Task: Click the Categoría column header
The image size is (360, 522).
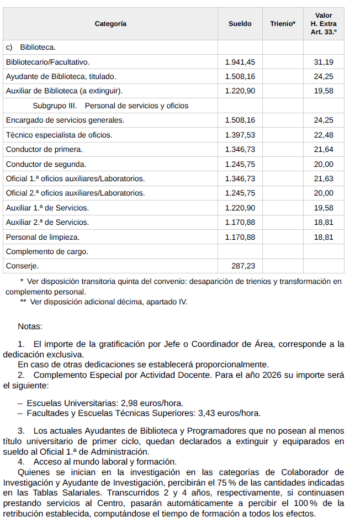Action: [x=110, y=24]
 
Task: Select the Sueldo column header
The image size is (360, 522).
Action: [x=240, y=24]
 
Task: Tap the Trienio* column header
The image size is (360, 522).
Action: [x=283, y=24]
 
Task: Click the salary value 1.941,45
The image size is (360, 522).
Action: [x=240, y=62]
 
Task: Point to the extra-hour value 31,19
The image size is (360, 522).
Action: [x=324, y=62]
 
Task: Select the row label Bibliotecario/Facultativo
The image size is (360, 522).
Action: [x=47, y=62]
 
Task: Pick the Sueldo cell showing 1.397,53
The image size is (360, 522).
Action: [x=240, y=135]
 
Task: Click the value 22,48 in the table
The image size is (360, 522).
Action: [x=324, y=135]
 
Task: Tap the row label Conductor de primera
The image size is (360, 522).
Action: [x=44, y=149]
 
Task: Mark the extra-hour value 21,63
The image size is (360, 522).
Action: [x=324, y=178]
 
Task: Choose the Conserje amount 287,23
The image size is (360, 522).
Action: [x=243, y=266]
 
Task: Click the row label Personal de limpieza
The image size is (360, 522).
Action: [x=43, y=237]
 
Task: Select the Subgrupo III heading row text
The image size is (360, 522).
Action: [x=110, y=106]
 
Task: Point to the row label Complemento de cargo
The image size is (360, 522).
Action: [x=47, y=251]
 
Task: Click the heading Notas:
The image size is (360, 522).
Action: [x=30, y=327]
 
